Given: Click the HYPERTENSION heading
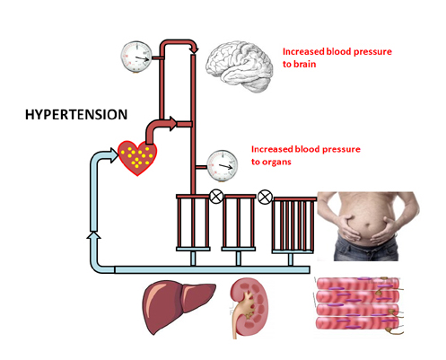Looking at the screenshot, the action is click(76, 115).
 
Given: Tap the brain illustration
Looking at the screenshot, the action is click(239, 66).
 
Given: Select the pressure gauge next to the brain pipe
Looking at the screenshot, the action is click(136, 57).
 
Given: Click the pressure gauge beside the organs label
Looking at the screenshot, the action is click(223, 166).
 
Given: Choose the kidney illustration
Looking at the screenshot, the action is click(249, 307).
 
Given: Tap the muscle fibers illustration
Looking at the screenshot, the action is click(359, 305).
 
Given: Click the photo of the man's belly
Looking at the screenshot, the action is click(368, 226).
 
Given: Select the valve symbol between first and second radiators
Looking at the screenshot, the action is click(216, 197).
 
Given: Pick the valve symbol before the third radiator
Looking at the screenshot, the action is click(265, 197).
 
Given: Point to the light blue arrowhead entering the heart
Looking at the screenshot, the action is click(115, 155).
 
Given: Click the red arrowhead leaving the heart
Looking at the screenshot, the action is click(173, 124).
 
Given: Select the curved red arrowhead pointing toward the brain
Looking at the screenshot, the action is click(195, 48).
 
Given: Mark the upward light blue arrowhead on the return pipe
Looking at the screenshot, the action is click(94, 235).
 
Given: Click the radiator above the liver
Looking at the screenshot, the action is click(193, 223).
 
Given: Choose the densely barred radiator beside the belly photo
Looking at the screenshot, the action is click(293, 225).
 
